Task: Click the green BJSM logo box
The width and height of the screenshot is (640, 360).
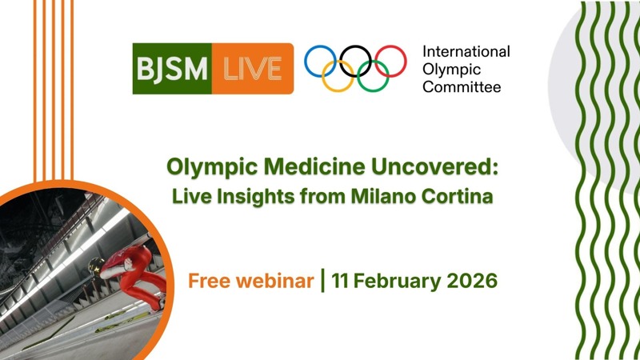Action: (x=171, y=68)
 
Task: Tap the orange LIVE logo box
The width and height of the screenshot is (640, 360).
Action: (x=252, y=68)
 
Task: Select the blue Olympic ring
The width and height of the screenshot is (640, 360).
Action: (x=320, y=60)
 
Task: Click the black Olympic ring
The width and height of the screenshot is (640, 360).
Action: (x=355, y=60)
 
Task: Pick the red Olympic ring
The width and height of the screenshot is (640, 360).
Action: (x=390, y=60)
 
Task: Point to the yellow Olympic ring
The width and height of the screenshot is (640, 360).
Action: (x=338, y=77)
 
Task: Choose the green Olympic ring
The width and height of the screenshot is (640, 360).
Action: (x=373, y=77)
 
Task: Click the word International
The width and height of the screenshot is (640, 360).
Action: (x=466, y=52)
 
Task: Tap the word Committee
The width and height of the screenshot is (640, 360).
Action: (x=462, y=86)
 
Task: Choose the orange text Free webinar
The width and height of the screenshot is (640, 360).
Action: (x=250, y=282)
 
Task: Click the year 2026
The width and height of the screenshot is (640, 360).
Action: (x=470, y=282)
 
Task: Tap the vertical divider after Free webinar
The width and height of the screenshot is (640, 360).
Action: (x=322, y=282)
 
